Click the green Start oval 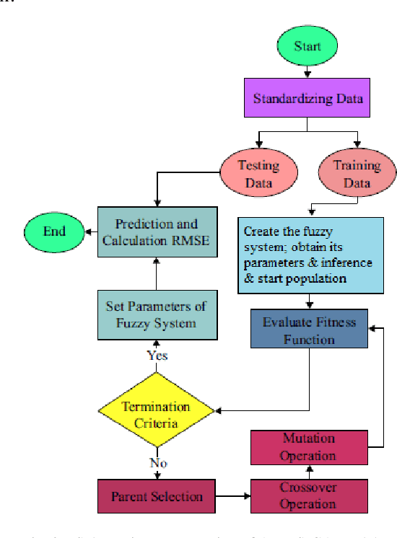(x=308, y=46)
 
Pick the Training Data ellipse (x=356, y=173)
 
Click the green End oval (x=54, y=231)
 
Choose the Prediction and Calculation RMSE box (x=158, y=231)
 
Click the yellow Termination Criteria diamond (x=156, y=413)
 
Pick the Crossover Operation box (x=309, y=495)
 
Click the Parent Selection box (x=156, y=496)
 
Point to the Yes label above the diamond (x=157, y=355)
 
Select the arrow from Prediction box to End (x=91, y=231)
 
